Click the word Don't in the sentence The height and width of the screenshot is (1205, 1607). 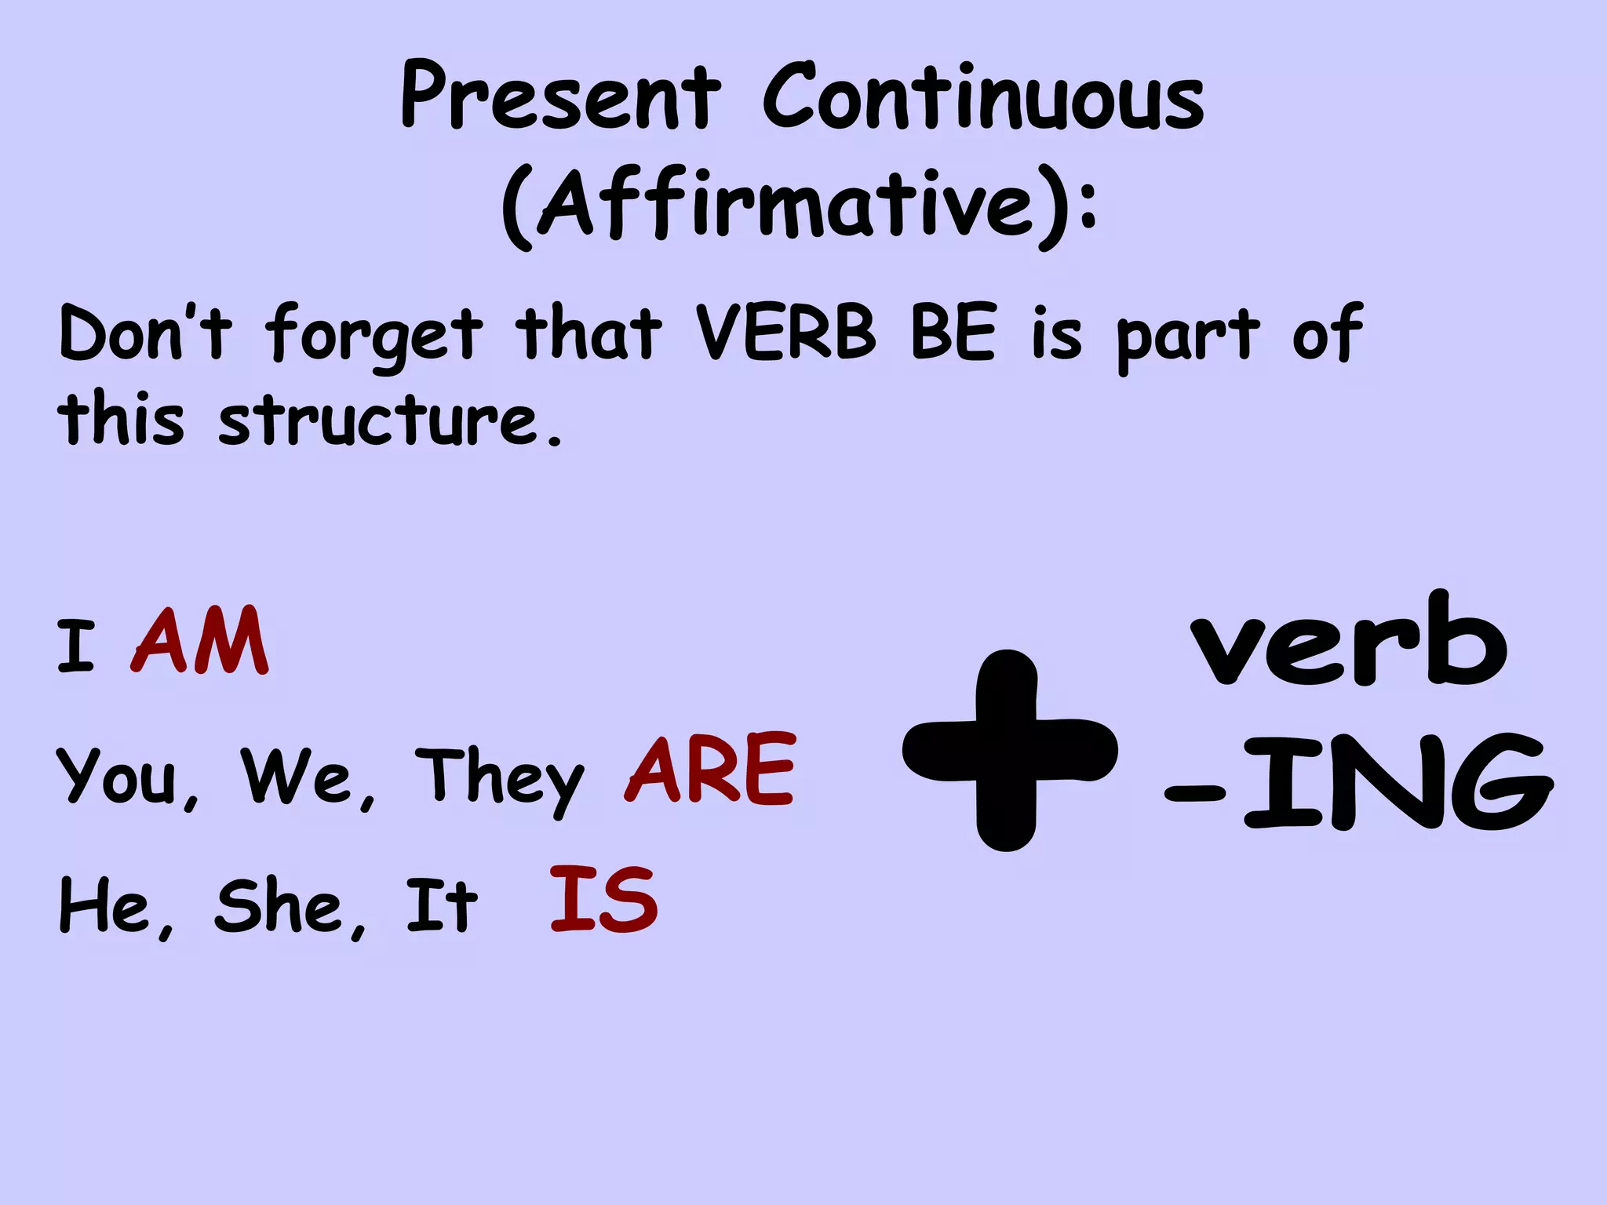point(146,334)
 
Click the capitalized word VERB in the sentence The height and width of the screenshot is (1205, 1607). point(785,333)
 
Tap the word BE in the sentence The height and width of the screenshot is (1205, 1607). point(954,333)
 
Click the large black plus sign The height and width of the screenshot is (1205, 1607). point(1009,750)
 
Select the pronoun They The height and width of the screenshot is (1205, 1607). point(500,777)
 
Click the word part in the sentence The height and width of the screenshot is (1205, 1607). point(1187,337)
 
